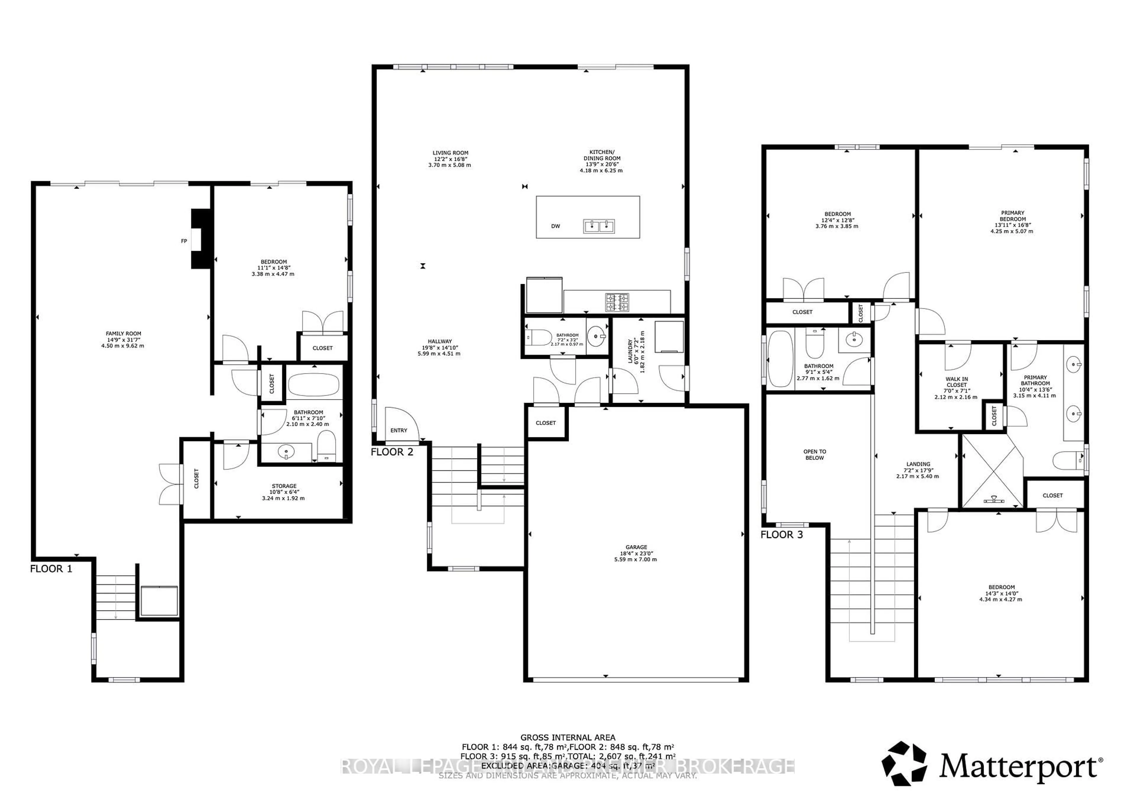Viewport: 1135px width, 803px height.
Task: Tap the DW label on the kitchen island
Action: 556,226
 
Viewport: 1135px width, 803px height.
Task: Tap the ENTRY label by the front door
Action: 398,430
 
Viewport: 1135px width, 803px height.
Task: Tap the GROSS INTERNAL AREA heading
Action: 567,737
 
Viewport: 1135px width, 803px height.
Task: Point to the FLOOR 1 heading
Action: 51,569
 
